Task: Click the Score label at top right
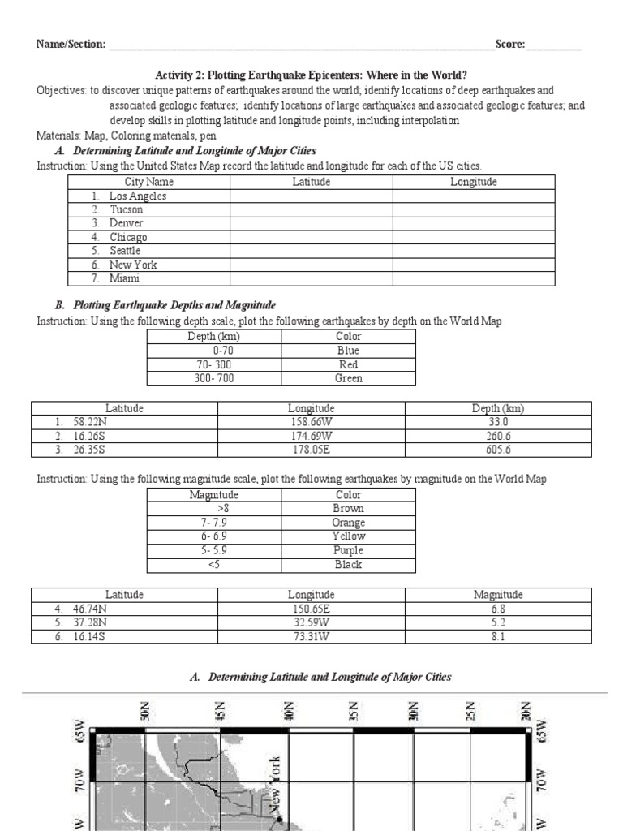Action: click(x=509, y=44)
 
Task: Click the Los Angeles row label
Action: click(x=138, y=196)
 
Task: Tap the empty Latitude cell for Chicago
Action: click(x=311, y=237)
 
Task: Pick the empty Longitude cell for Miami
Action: click(x=474, y=278)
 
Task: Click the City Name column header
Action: click(x=148, y=182)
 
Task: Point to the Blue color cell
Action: click(x=348, y=351)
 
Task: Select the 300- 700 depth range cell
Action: click(x=214, y=378)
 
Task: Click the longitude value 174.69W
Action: click(x=311, y=436)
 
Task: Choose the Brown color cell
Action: click(x=348, y=509)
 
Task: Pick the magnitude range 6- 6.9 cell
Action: click(x=214, y=536)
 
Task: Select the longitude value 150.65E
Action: click(x=311, y=609)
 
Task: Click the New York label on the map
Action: click(x=275, y=783)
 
